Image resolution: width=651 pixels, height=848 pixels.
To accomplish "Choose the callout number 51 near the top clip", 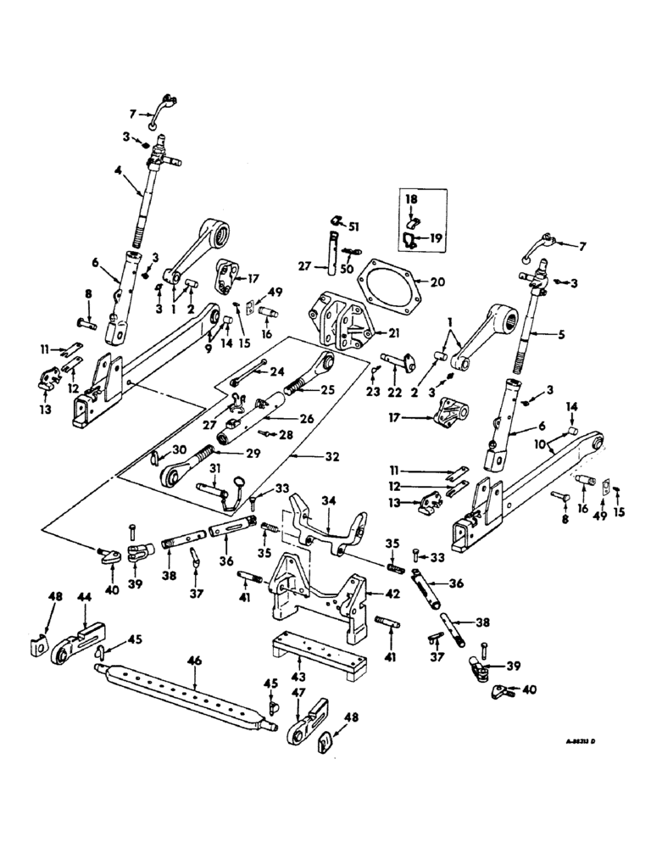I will tap(354, 225).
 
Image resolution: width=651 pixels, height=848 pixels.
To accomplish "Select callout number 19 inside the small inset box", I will tap(435, 240).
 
